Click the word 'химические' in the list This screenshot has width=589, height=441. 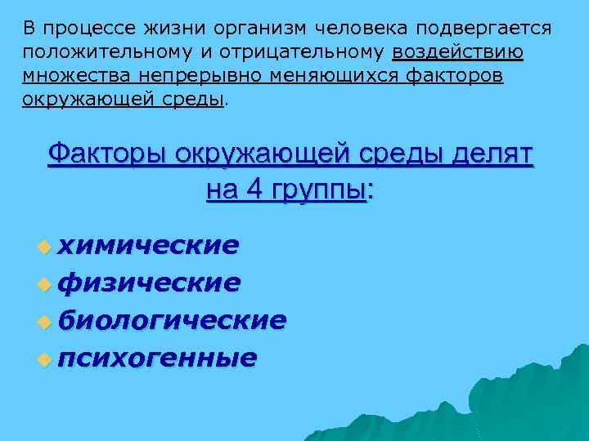[x=151, y=245]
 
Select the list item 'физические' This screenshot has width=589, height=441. [x=151, y=283]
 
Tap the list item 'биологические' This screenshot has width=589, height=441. [x=173, y=320]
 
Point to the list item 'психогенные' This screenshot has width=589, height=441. [x=159, y=358]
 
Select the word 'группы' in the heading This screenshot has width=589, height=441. [x=317, y=191]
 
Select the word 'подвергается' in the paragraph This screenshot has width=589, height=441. [x=482, y=29]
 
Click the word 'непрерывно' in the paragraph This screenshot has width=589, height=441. [x=164, y=76]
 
